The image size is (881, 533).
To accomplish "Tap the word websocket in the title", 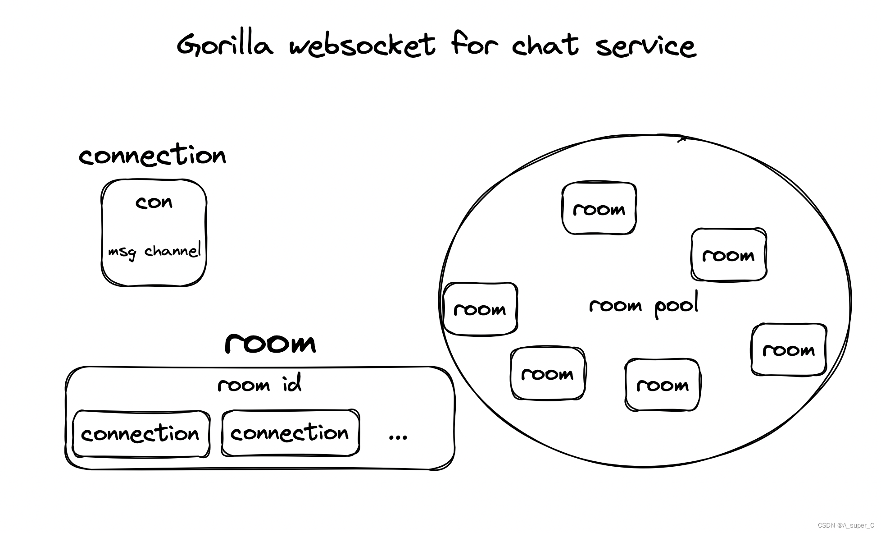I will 362,45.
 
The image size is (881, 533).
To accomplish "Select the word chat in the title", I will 545,45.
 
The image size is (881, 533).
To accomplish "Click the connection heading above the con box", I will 152,156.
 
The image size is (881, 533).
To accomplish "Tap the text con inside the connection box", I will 154,202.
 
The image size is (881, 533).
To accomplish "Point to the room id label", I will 259,385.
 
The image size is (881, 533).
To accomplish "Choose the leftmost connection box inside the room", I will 141,434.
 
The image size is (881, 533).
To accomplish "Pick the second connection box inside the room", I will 290,433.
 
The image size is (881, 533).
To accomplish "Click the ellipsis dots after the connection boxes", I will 398,437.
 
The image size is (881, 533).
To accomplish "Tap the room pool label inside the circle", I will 644,306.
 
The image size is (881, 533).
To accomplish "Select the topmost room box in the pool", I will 599,209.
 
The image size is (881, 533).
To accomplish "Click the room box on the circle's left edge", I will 480,309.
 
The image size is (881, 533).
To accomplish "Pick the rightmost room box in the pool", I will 788,350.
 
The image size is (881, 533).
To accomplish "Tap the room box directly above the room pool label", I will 728,255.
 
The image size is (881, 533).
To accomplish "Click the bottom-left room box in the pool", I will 547,374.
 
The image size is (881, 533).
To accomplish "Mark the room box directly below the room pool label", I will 662,385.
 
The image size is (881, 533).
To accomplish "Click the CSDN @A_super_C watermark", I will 845,525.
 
